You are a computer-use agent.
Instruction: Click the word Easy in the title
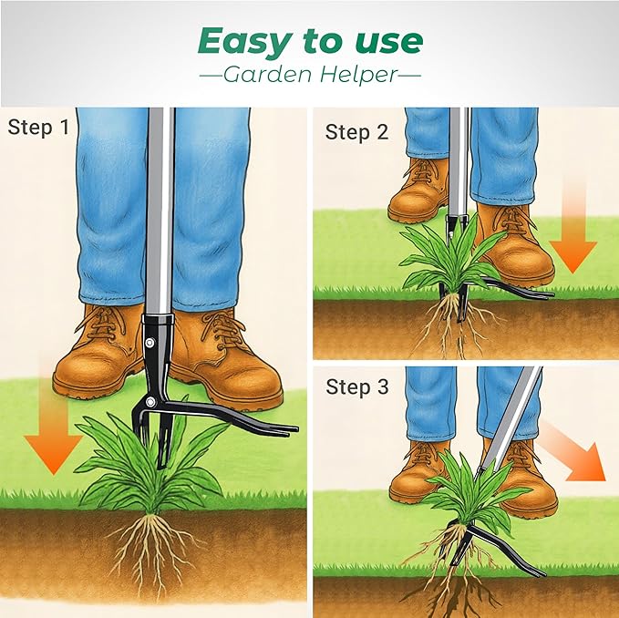click(238, 41)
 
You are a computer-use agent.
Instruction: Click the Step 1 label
click(38, 128)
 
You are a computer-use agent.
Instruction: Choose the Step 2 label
click(356, 132)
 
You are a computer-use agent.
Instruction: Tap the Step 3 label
click(356, 387)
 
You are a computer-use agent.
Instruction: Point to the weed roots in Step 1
click(155, 547)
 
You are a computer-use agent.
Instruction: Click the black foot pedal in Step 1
click(246, 422)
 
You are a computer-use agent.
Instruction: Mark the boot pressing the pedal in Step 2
click(512, 246)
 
